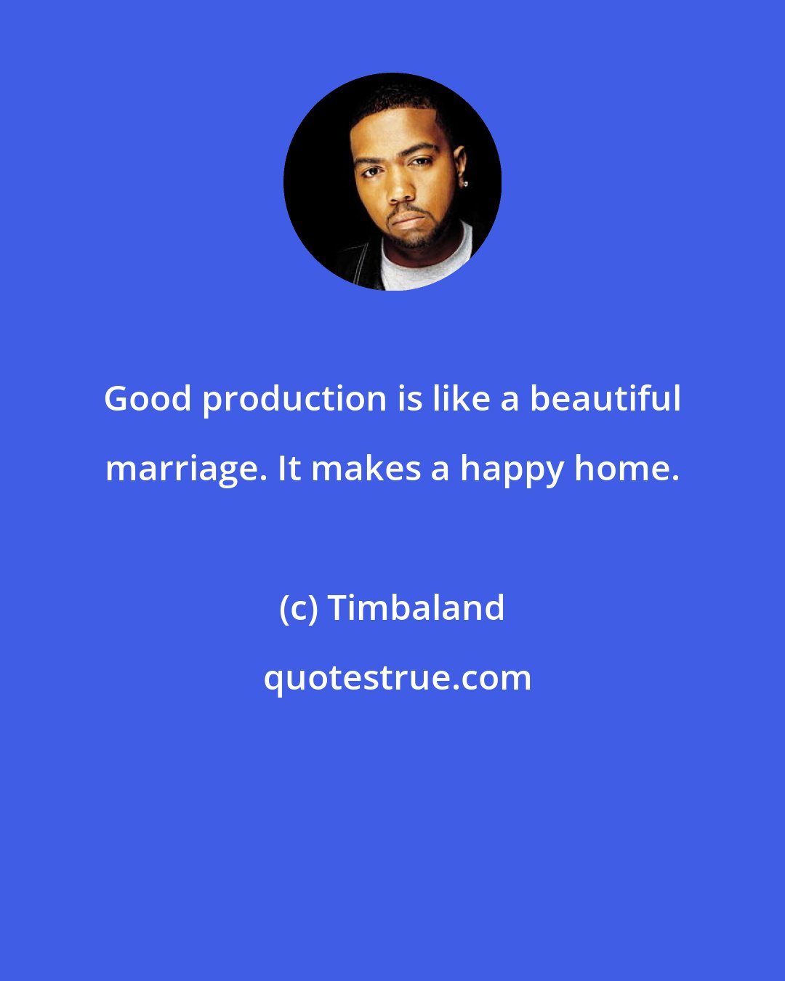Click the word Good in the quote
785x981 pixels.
click(148, 398)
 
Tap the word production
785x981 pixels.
click(294, 400)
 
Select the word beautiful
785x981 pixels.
click(605, 398)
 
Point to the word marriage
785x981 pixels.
click(185, 469)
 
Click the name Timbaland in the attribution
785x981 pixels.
click(416, 607)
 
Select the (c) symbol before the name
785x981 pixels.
click(298, 608)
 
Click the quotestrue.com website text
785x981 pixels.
click(397, 678)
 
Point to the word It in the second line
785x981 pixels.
click(289, 469)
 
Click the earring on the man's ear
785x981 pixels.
click(464, 183)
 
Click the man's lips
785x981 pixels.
click(406, 217)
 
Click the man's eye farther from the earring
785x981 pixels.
click(371, 171)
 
